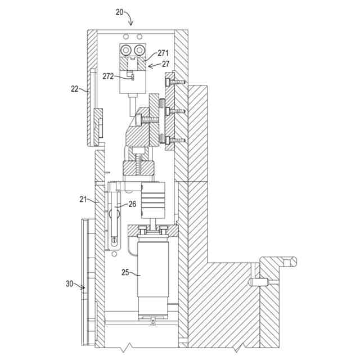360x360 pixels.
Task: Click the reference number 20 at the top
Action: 119,12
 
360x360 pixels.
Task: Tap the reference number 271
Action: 163,53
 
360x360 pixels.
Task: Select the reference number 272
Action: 108,75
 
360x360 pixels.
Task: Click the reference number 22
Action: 75,88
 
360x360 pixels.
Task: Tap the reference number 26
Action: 132,204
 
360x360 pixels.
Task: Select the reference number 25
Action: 125,272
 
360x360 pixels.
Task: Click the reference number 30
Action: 69,284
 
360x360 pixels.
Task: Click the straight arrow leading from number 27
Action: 154,66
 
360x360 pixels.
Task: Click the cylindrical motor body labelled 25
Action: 154,270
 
